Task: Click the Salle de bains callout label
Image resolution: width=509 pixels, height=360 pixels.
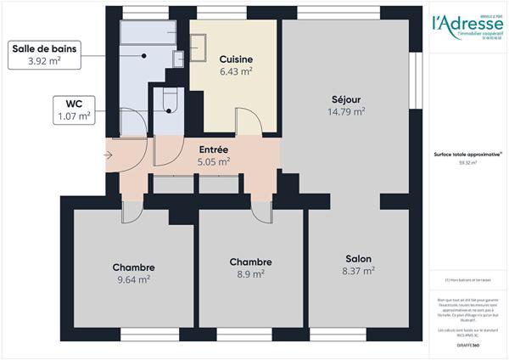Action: (44, 49)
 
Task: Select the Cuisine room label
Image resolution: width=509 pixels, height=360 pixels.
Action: (235, 59)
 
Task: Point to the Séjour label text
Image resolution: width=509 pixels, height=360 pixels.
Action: (348, 98)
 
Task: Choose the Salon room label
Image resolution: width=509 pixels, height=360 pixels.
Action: (358, 259)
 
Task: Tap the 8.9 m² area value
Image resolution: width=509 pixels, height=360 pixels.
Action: (250, 274)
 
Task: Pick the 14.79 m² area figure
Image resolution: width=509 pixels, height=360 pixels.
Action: (348, 110)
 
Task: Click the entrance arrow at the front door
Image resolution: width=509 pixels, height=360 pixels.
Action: (108, 155)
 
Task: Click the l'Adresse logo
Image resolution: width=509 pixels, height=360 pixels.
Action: (467, 25)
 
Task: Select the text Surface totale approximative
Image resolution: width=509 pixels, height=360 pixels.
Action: (465, 154)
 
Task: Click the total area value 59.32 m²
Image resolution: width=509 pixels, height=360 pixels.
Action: (467, 162)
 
